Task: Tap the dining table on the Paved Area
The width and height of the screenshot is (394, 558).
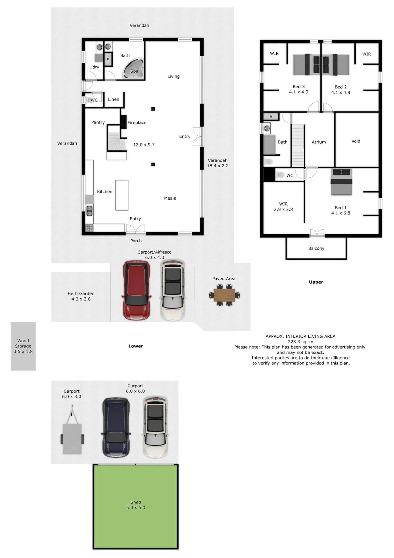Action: coord(224,295)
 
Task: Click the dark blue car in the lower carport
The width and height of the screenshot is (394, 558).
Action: coord(116,427)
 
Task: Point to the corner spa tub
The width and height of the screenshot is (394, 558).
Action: coord(133,69)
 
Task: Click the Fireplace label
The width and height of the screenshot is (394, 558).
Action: coord(137,123)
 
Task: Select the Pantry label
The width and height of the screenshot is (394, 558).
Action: coord(98,122)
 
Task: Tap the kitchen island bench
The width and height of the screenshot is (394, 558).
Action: coord(122,195)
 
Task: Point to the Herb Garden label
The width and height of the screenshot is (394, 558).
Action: coord(81,293)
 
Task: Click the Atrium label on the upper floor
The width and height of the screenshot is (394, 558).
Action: coord(319,142)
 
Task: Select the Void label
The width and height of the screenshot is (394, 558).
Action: coord(356,141)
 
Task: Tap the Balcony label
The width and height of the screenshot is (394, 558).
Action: coord(316,248)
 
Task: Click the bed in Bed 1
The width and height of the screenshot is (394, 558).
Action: coord(341,182)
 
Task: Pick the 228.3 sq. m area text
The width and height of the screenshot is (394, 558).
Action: coord(300,342)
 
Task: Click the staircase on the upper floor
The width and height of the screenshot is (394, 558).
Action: coord(298,145)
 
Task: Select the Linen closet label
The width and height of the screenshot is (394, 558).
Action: coord(113,99)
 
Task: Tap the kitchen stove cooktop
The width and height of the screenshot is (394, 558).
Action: coord(89,228)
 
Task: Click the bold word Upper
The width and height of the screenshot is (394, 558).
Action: coord(316,282)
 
